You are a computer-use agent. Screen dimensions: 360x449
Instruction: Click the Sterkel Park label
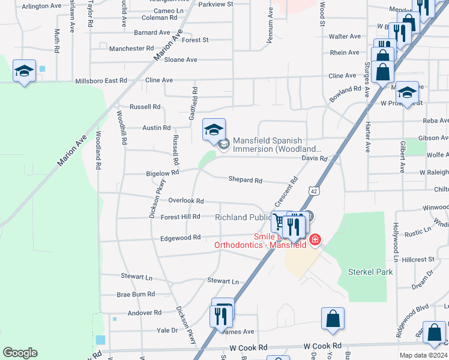[370, 272]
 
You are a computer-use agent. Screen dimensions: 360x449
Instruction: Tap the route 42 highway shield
[315, 190]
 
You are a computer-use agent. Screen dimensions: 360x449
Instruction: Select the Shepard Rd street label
[245, 180]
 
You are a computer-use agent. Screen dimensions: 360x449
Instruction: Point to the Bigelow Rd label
[162, 173]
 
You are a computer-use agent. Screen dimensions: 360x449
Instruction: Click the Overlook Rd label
[186, 201]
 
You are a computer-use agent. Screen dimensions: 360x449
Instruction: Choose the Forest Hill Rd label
[180, 217]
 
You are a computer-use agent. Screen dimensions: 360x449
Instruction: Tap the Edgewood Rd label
[180, 238]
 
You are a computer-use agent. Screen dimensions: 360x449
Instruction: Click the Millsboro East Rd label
[101, 80]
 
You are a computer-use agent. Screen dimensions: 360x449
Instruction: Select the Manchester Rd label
[132, 48]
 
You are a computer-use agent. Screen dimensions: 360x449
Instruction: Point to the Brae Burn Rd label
[136, 295]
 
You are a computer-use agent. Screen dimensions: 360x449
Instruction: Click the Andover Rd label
[144, 313]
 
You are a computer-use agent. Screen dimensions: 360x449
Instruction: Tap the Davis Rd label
[314, 159]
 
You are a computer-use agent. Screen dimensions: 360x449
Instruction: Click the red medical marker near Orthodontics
[315, 241]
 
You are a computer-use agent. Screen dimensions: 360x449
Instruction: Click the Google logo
[20, 353]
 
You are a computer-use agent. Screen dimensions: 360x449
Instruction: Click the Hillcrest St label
[418, 259]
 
